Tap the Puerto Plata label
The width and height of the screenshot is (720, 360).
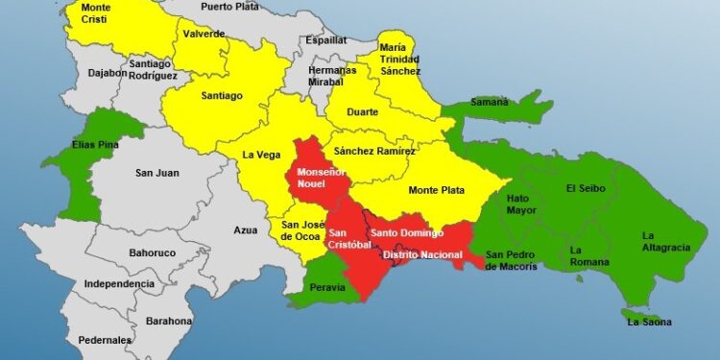[231, 6]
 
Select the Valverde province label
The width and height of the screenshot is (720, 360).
[204, 34]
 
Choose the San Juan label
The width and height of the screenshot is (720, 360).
[157, 173]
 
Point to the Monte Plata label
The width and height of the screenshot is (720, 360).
[437, 190]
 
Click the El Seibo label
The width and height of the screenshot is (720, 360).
[585, 188]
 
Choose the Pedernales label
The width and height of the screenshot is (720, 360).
[105, 340]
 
